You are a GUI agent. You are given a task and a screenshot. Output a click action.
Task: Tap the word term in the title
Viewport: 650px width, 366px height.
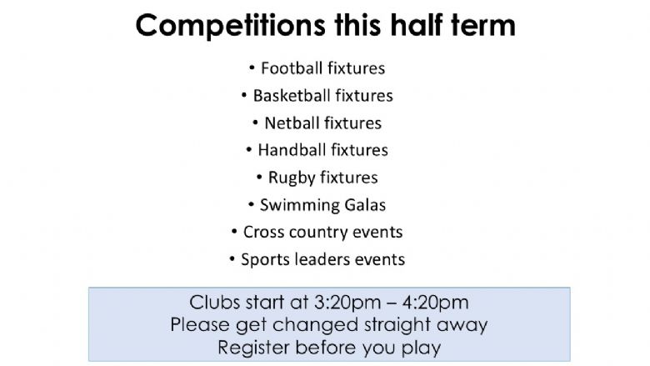coord(483,25)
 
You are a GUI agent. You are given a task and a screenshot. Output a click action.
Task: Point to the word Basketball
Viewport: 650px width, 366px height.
coord(292,96)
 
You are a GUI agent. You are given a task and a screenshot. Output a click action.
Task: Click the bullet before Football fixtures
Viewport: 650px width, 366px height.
coord(252,68)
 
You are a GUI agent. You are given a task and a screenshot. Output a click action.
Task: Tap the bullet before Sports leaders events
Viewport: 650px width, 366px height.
coord(232,259)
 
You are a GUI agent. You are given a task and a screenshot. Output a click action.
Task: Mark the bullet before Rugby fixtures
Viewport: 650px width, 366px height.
coord(259,178)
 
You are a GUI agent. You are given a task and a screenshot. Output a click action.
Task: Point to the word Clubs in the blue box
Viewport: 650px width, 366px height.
coord(215,302)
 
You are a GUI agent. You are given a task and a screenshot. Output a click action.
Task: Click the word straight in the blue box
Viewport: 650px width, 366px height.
coord(397,325)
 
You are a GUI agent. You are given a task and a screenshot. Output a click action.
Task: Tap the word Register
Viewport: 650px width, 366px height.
coord(253,348)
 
